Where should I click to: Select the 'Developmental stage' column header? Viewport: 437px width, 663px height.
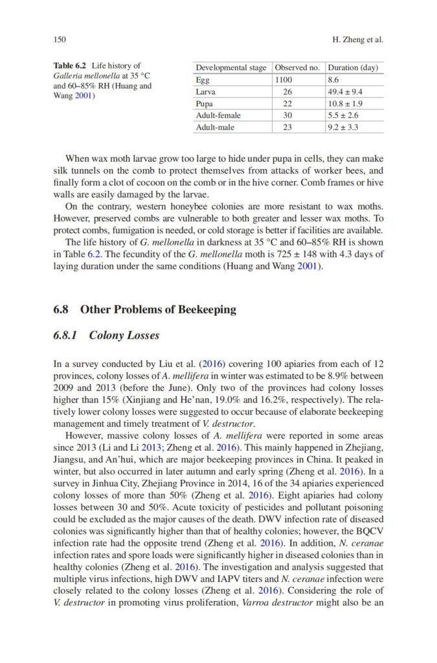(x=231, y=68)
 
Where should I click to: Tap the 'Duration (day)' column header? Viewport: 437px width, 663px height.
(x=353, y=68)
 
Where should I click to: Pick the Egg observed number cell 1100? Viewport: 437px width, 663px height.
(x=284, y=80)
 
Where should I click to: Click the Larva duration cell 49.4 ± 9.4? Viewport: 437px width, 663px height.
(x=346, y=92)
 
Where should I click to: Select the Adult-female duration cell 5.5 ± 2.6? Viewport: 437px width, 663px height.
(x=343, y=115)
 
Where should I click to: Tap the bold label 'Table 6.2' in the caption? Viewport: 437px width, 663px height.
(x=70, y=66)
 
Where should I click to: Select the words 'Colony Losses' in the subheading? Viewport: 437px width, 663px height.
(x=124, y=335)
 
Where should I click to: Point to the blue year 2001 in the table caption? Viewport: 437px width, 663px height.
(x=85, y=96)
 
